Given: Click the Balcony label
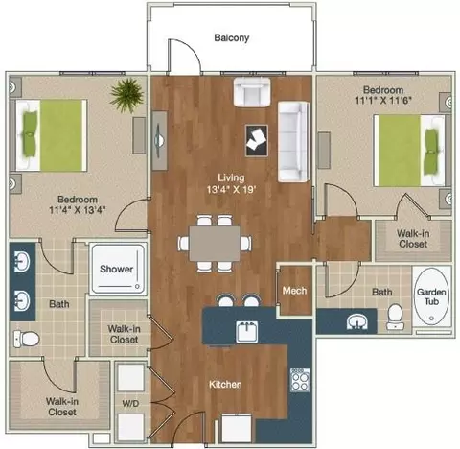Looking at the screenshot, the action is (x=232, y=37).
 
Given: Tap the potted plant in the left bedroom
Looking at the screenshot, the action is (x=126, y=94).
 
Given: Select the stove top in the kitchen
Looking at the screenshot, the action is (x=300, y=380).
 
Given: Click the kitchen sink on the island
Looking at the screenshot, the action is (x=246, y=332).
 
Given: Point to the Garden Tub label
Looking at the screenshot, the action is (x=431, y=296).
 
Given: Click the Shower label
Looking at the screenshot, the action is (x=116, y=269).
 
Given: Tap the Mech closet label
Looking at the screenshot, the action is (x=294, y=291).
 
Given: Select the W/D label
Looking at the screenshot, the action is (x=130, y=403).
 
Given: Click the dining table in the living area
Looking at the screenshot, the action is (x=215, y=244).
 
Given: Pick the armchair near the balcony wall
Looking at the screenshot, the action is (x=252, y=92).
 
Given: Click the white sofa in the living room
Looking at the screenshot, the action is (x=294, y=142).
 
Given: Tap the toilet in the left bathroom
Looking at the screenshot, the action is (x=26, y=339).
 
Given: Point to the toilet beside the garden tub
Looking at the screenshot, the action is (x=395, y=317).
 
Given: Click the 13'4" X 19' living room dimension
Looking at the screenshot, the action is (x=232, y=189).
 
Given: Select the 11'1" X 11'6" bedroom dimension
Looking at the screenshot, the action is (x=383, y=100).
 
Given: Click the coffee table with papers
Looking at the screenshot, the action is (x=257, y=140).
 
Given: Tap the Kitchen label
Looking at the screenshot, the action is (x=225, y=384).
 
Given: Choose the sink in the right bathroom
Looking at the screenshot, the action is (x=357, y=321).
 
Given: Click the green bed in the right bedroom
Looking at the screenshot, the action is (x=409, y=151).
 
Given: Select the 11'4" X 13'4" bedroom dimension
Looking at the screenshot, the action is (x=78, y=210).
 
